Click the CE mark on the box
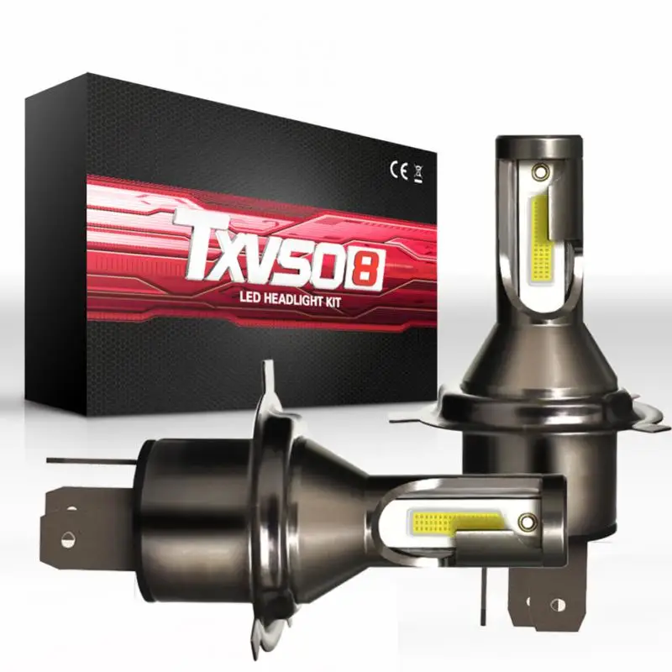pos(398,171)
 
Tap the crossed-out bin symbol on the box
pos(418,173)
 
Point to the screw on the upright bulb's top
pos(540,172)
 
